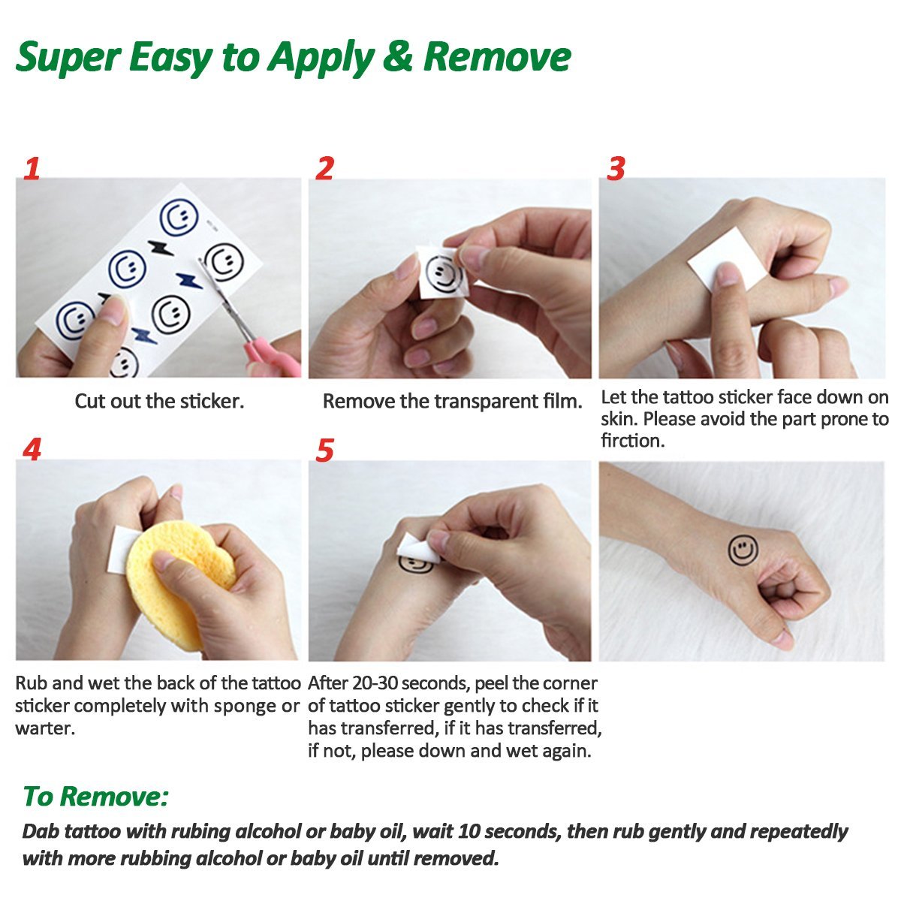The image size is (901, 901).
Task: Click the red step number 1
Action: [x=32, y=168]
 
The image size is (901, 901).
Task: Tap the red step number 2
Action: [x=325, y=168]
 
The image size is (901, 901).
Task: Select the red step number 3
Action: [x=616, y=168]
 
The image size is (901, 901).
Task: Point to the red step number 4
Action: [x=32, y=450]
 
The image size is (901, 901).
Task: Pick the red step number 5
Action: [x=325, y=450]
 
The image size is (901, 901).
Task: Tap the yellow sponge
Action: [x=180, y=584]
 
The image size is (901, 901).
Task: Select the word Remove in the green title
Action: [x=497, y=57]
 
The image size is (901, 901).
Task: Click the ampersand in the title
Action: [x=397, y=57]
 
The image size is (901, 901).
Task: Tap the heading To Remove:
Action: [x=95, y=796]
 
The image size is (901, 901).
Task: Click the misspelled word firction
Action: [x=633, y=441]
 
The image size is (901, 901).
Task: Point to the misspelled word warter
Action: [x=45, y=728]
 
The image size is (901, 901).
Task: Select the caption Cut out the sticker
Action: [x=159, y=401]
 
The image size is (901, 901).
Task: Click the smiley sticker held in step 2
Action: [x=443, y=273]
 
